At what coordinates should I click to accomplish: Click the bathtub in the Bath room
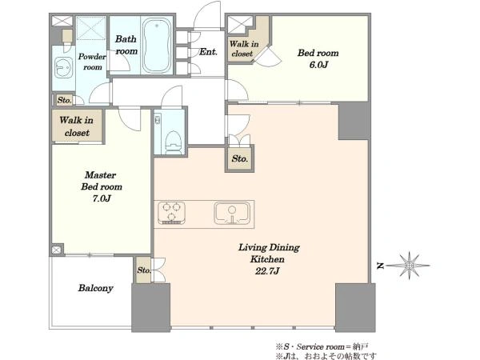pos(157,46)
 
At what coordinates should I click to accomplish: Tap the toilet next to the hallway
pos(173,142)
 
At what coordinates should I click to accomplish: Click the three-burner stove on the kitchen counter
pos(171,212)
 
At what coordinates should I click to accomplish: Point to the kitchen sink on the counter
pos(232,213)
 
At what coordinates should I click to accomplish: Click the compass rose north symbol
pos(409,266)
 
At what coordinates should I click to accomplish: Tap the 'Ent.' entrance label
pos(208,52)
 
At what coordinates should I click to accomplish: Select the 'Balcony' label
pos(95,288)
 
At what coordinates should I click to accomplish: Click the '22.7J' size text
pos(267,271)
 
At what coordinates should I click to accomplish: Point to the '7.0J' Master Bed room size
pos(102,198)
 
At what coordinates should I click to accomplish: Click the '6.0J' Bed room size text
pos(318,65)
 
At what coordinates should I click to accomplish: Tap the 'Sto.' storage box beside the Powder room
pos(64,100)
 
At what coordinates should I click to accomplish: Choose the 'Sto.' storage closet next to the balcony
pos(143,270)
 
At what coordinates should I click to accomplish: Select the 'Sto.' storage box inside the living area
pos(239,158)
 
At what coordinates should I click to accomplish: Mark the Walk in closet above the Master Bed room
pos(77,126)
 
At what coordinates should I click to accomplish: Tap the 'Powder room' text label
pos(92,62)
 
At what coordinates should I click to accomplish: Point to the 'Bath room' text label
pos(126,45)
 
